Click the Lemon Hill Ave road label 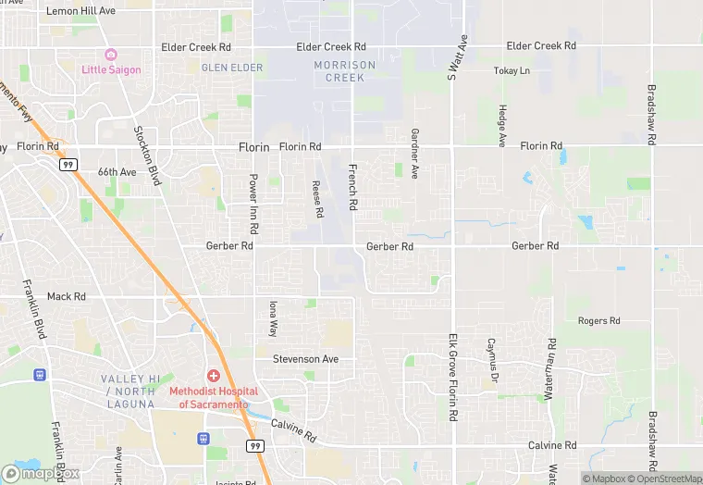point(80,11)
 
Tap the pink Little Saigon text point(111,69)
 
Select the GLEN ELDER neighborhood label point(232,68)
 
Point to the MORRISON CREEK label point(344,71)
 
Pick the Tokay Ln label point(512,70)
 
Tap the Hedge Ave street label point(502,125)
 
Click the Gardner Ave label point(415,153)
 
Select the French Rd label point(352,187)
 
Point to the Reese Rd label point(318,199)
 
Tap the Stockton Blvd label point(147,155)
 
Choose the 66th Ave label point(117,172)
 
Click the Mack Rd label point(66,297)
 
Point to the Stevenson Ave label point(305,359)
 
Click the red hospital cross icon point(214,376)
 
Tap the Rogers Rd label point(598,321)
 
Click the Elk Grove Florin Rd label point(453,378)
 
